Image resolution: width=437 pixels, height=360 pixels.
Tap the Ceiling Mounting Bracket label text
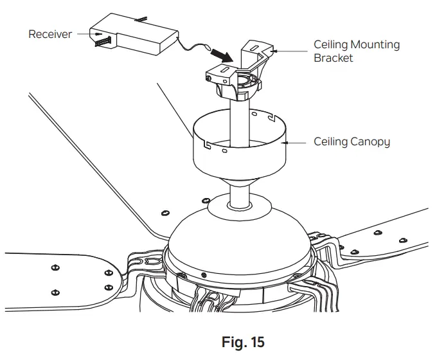pyautogui.click(x=356, y=51)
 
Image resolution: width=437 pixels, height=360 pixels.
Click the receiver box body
pyautogui.click(x=138, y=39)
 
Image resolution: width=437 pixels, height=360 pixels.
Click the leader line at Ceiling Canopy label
pyautogui.click(x=297, y=141)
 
